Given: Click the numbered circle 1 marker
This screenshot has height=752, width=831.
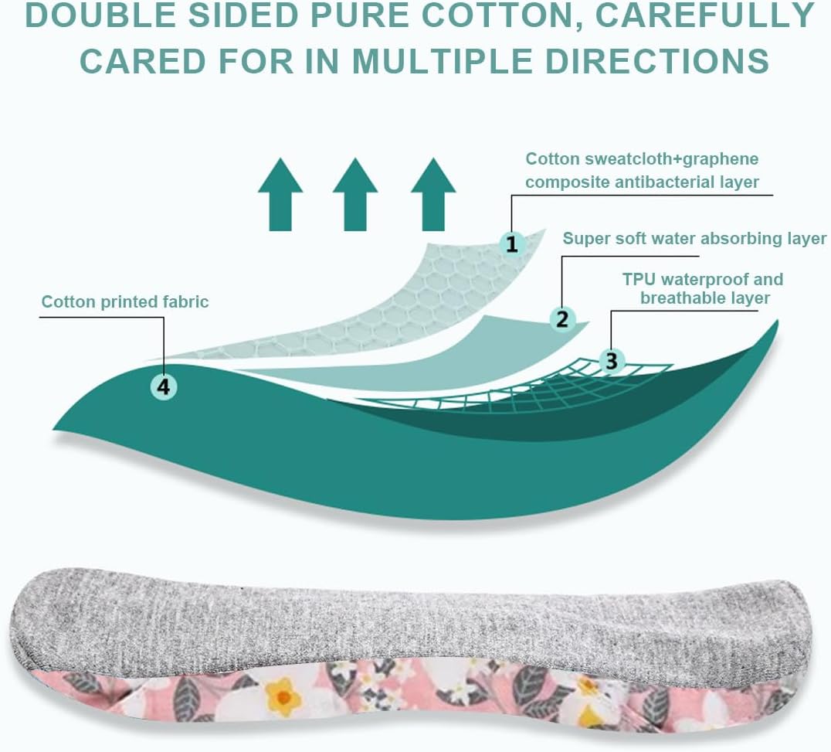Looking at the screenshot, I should pyautogui.click(x=511, y=244).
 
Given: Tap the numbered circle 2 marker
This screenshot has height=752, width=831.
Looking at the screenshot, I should pyautogui.click(x=562, y=318).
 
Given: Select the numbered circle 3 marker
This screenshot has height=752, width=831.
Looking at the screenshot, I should pyautogui.click(x=612, y=360).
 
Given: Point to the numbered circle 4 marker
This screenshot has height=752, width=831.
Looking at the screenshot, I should pyautogui.click(x=163, y=386).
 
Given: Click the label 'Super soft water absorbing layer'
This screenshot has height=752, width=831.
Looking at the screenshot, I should pyautogui.click(x=694, y=239).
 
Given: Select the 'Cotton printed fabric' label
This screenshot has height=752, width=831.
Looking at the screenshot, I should pyautogui.click(x=125, y=301).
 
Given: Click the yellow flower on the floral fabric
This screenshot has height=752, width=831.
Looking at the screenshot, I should pyautogui.click(x=284, y=698).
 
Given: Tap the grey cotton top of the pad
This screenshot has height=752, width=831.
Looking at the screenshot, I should pyautogui.click(x=386, y=618).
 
